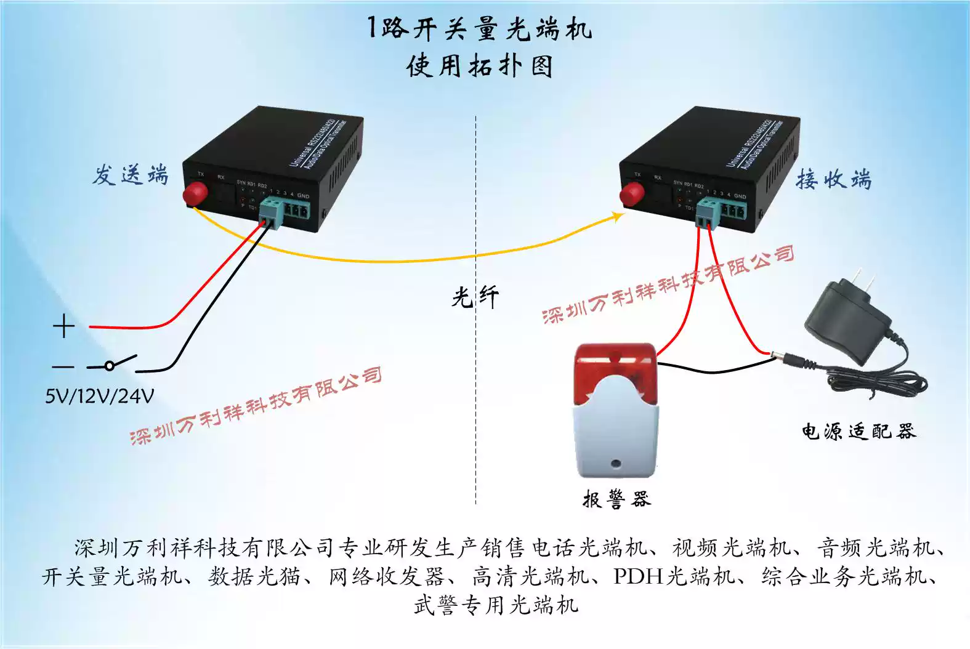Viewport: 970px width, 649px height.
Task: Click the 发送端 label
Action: click(131, 175)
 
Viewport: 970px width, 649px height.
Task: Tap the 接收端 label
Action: click(833, 180)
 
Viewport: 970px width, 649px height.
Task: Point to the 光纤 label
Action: click(475, 298)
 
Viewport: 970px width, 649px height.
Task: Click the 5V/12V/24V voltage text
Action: click(99, 396)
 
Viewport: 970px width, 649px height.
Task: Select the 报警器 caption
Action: click(616, 498)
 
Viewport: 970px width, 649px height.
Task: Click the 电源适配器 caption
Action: click(859, 431)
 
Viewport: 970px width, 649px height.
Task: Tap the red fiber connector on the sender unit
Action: click(195, 193)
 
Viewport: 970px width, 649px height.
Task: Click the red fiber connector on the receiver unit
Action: click(632, 193)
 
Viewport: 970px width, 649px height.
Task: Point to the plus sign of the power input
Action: click(63, 326)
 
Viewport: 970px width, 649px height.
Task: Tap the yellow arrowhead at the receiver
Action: click(617, 216)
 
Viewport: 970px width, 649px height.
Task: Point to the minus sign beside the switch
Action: click(63, 367)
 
